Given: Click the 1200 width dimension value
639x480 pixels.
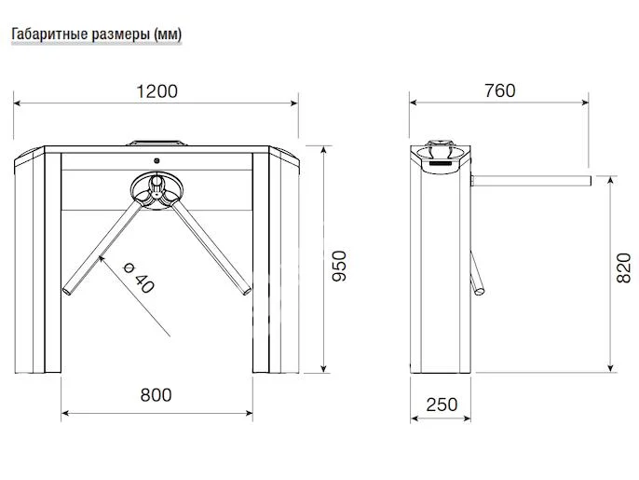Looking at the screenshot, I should click(x=156, y=91).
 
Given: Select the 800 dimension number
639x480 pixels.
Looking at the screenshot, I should click(x=156, y=394).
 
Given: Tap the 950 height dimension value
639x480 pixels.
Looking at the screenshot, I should click(x=339, y=267).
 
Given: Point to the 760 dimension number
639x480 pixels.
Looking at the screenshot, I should click(x=499, y=90).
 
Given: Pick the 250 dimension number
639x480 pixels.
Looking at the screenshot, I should click(x=442, y=404).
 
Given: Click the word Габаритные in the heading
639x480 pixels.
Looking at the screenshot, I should click(x=46, y=34).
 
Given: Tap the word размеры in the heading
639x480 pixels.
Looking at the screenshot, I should click(x=117, y=34).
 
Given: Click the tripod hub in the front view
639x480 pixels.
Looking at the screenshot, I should click(x=156, y=190).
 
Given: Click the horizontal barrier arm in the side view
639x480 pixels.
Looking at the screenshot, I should click(x=531, y=177).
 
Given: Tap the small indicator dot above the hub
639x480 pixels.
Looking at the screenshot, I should click(x=156, y=160).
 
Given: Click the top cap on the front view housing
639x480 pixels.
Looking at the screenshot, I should click(x=156, y=144).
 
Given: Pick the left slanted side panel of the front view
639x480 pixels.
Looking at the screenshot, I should click(x=30, y=261).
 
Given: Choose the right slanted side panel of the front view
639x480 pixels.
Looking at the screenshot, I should click(x=284, y=261).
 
